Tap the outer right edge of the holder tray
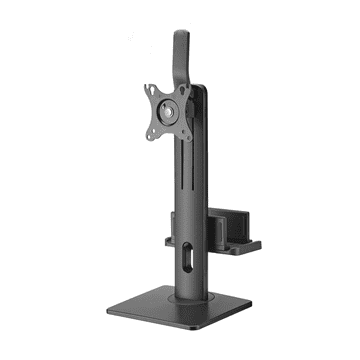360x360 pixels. [x=259, y=240]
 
